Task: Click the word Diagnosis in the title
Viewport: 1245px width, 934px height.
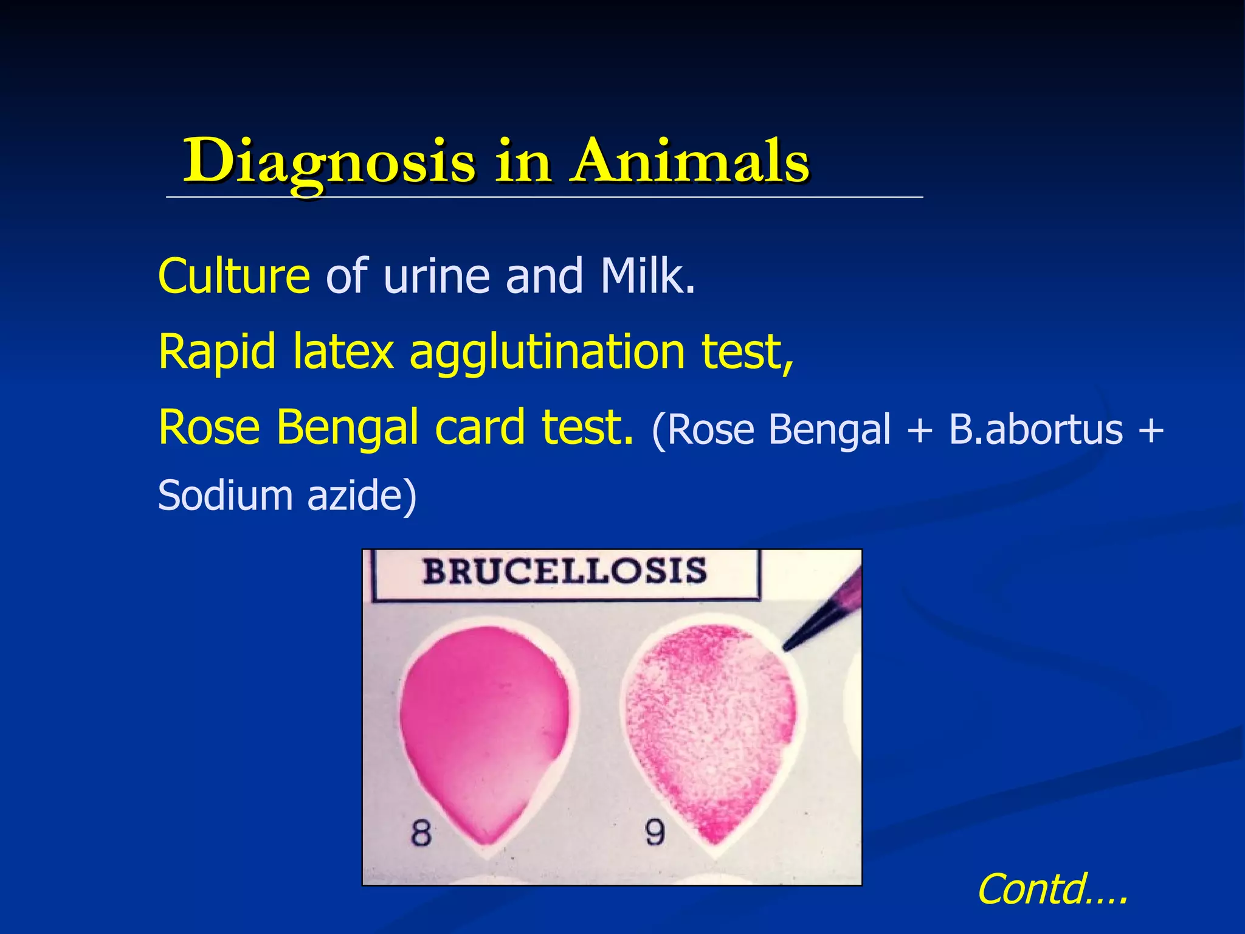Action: tap(328, 161)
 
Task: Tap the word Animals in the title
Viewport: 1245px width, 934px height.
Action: tap(690, 161)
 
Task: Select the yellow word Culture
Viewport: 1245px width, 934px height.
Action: tap(234, 277)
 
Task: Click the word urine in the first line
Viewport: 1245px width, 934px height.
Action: tap(436, 277)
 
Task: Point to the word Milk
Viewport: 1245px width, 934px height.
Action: tap(647, 277)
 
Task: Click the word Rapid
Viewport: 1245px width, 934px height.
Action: tap(217, 353)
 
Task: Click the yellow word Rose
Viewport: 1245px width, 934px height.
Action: tap(210, 427)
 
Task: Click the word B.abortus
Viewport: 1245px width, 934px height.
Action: tap(1035, 430)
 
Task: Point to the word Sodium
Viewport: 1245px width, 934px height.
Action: tap(225, 495)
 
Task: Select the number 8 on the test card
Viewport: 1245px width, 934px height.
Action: tap(421, 833)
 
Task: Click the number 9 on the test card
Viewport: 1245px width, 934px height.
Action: tap(654, 832)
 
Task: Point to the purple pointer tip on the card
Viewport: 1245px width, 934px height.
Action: tap(790, 645)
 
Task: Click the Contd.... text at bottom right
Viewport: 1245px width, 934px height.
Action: tap(1052, 889)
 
